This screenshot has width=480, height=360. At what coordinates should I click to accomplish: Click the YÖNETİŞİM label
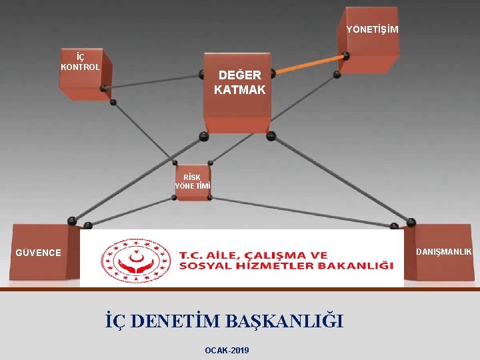pyautogui.click(x=372, y=29)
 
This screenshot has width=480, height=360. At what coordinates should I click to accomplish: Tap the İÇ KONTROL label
pyautogui.click(x=80, y=62)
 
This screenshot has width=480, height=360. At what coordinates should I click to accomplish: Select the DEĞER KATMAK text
pyautogui.click(x=239, y=82)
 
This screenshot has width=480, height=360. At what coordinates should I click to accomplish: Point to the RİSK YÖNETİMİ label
pyautogui.click(x=192, y=182)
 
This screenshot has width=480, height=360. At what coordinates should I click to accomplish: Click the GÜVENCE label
pyautogui.click(x=39, y=253)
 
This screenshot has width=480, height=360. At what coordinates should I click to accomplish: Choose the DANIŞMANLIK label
pyautogui.click(x=444, y=251)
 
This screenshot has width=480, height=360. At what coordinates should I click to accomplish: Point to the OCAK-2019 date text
pyautogui.click(x=227, y=350)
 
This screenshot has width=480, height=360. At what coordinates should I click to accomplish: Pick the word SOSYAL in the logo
pyautogui.click(x=200, y=266)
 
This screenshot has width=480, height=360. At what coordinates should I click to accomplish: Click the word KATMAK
pyautogui.click(x=239, y=89)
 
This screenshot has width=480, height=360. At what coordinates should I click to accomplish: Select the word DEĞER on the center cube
pyautogui.click(x=239, y=75)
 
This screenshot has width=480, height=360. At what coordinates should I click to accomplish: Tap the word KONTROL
pyautogui.click(x=80, y=67)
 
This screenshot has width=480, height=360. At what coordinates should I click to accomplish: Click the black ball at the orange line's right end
pyautogui.click(x=345, y=56)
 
